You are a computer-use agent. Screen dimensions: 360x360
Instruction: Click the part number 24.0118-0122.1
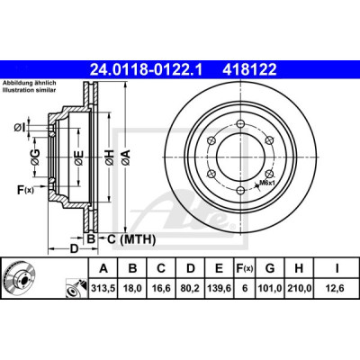point(147,70)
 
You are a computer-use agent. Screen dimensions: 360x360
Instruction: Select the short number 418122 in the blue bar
point(249,70)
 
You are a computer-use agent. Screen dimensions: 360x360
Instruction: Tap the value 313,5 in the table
point(103,288)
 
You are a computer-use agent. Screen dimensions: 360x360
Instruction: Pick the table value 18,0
point(132,288)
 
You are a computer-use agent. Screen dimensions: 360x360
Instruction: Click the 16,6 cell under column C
point(161,288)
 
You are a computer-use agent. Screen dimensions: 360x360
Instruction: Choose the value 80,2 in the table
point(191,288)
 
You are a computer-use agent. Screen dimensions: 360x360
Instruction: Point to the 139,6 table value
point(219,288)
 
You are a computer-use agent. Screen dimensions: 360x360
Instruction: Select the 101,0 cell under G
point(270,288)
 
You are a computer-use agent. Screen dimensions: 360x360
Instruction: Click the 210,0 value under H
point(299,288)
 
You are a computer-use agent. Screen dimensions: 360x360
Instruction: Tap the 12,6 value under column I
point(336,288)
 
